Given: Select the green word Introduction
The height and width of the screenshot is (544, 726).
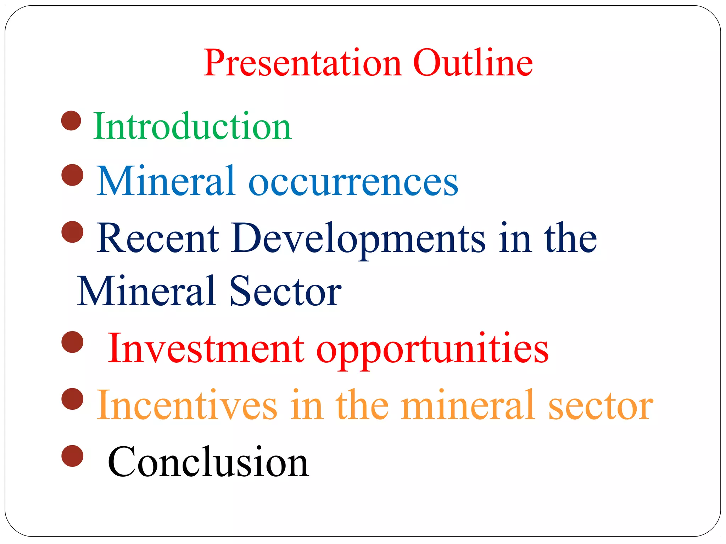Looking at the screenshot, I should click(x=192, y=127).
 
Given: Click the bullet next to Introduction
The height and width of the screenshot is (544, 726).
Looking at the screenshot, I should click(x=71, y=121).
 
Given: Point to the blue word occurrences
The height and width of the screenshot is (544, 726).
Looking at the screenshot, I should click(x=353, y=181).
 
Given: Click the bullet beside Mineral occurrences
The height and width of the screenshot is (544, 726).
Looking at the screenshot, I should click(x=72, y=175).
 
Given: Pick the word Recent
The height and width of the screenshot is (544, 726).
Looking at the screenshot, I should click(x=158, y=238).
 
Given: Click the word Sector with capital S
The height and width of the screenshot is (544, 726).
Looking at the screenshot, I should click(x=285, y=291).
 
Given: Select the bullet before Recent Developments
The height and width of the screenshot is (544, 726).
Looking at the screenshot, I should click(x=72, y=232).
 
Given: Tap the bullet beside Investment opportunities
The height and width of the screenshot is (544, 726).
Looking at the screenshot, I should click(x=72, y=342).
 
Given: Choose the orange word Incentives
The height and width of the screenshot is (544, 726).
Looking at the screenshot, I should click(x=186, y=405).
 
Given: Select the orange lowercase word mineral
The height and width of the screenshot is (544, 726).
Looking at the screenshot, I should click(x=468, y=405).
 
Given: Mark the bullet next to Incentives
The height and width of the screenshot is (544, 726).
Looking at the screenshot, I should click(x=72, y=399).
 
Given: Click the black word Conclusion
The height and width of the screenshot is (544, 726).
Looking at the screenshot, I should click(x=208, y=462).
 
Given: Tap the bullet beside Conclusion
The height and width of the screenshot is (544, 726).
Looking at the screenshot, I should click(x=72, y=456).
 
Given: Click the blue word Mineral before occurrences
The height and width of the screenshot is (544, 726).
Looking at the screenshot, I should click(x=166, y=181).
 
